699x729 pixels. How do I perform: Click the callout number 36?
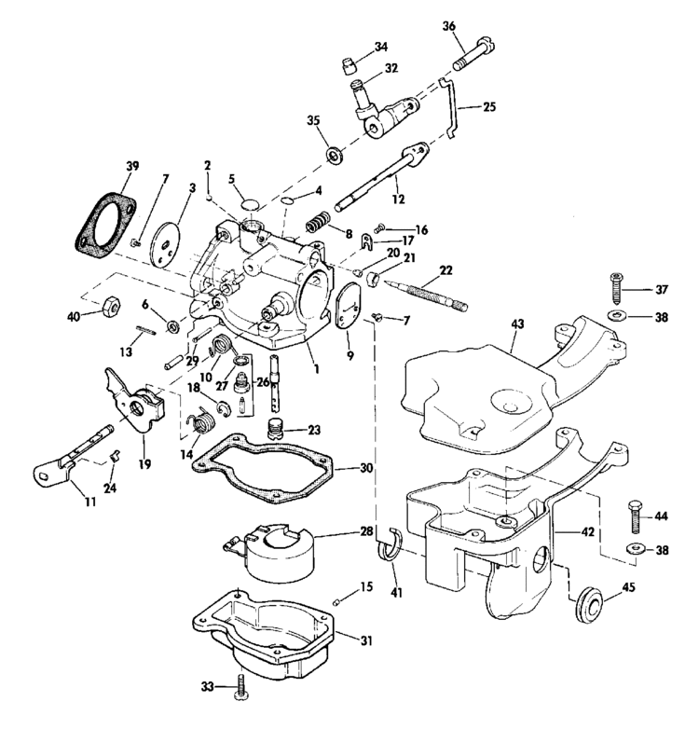(449, 26)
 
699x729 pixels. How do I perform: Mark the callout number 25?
(489, 107)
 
